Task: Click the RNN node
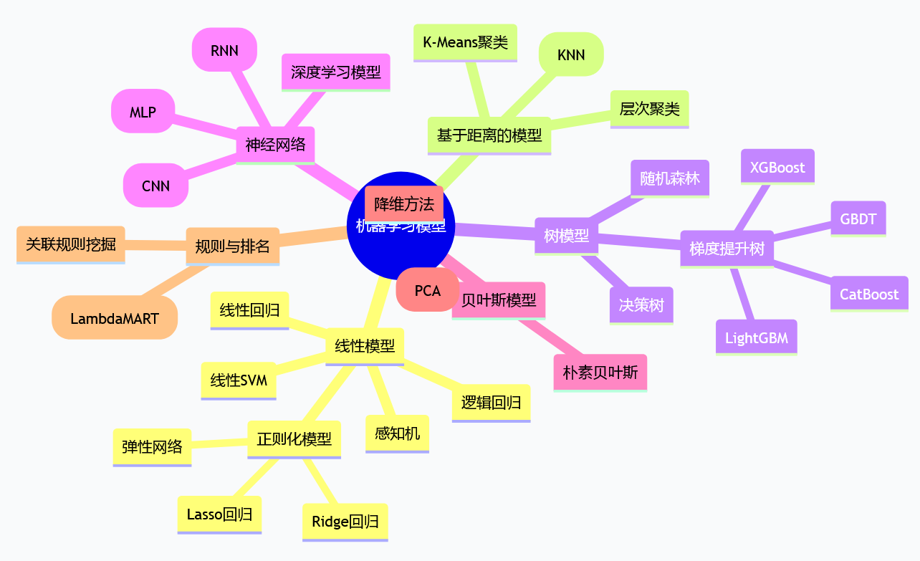[224, 50]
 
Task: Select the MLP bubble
[143, 111]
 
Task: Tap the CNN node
[155, 186]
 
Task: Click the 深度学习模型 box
[335, 72]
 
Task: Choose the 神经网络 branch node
[275, 145]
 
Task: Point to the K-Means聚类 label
[465, 42]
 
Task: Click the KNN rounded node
[570, 54]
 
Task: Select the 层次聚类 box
[649, 109]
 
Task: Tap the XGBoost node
[777, 167]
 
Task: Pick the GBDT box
[858, 219]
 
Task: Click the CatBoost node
[869, 294]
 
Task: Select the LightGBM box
[756, 337]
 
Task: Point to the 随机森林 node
[670, 178]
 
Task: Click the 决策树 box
[641, 305]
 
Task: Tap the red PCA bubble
[427, 290]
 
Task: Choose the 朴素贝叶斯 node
[600, 373]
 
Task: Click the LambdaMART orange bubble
[115, 317]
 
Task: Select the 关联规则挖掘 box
[70, 244]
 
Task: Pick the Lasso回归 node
[219, 514]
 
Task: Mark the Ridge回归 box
[345, 522]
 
